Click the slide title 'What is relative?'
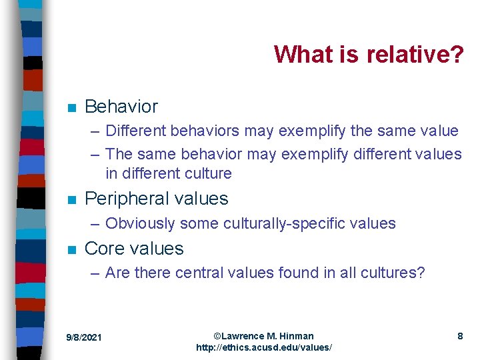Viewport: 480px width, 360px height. pos(369,54)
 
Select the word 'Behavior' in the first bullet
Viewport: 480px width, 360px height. pos(121,107)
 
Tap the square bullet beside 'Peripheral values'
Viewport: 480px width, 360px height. pos(71,199)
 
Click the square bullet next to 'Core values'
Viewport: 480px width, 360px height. pos(71,249)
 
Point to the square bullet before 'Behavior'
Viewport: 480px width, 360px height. pos(71,107)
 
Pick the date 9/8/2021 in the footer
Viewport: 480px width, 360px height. pos(84,338)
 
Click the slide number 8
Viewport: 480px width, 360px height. pos(460,337)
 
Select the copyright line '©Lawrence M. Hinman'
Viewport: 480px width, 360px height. pos(263,336)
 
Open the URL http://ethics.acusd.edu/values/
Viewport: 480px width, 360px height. pos(263,348)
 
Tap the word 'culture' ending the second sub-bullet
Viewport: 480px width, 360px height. pos(207,174)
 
